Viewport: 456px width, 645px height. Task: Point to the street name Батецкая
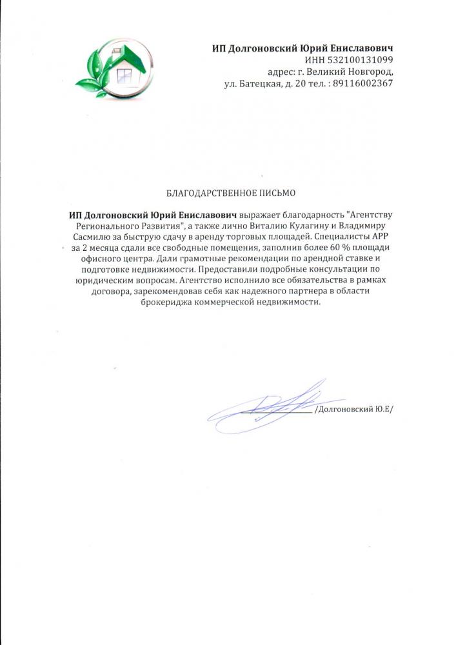point(257,83)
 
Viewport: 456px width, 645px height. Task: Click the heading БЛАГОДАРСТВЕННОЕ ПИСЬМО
point(230,193)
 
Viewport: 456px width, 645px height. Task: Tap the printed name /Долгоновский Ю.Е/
point(353,410)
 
